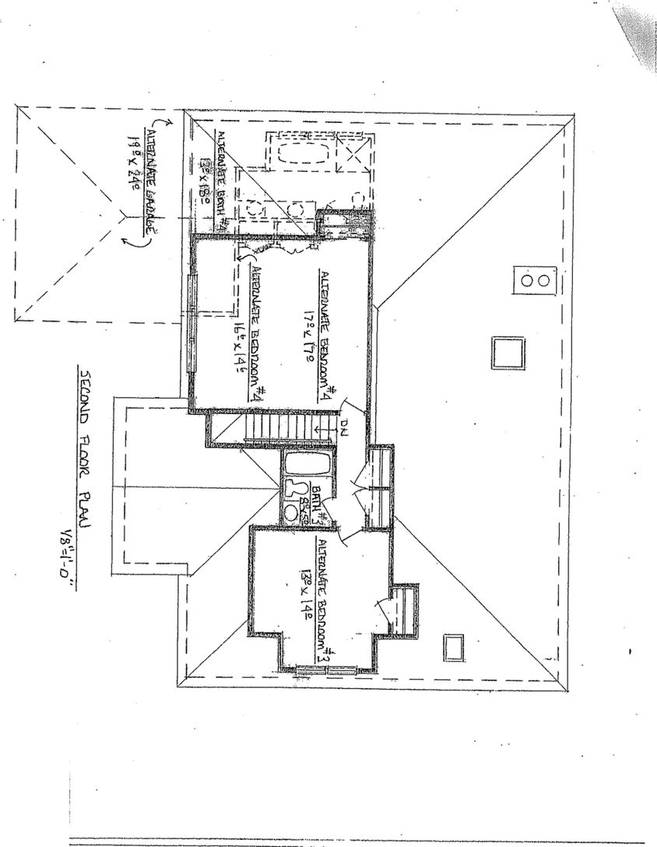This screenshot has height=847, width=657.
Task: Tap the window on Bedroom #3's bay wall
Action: click(x=327, y=669)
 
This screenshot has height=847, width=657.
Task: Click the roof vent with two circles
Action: click(x=536, y=279)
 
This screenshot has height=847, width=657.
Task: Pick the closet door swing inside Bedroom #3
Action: click(x=381, y=606)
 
